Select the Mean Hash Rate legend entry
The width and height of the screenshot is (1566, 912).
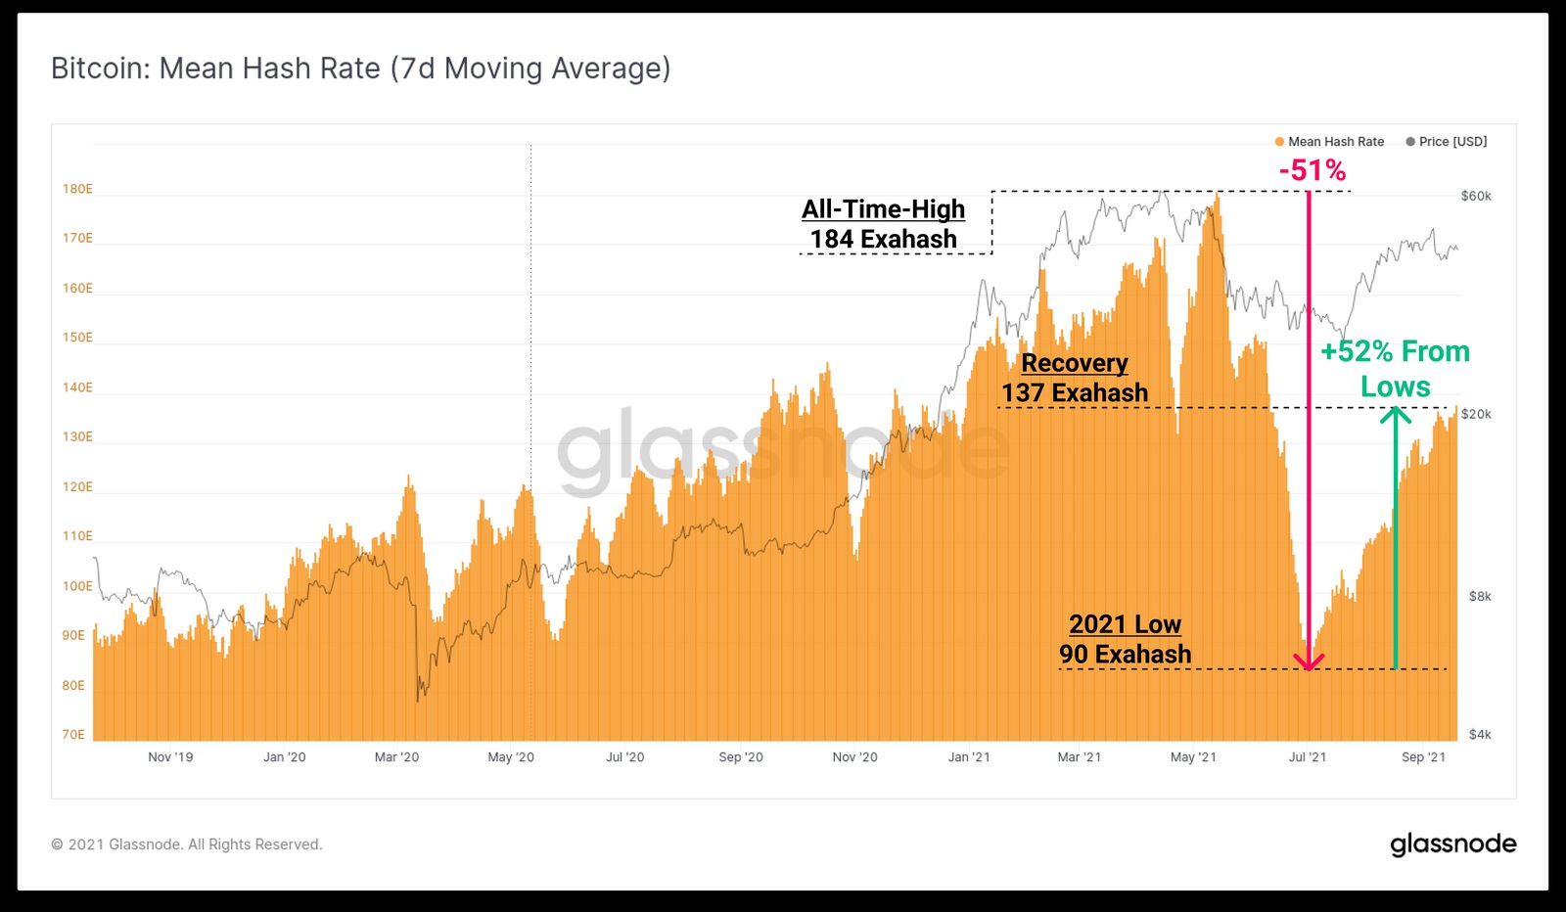coord(1329,142)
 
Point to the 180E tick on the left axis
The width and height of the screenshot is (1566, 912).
coord(77,189)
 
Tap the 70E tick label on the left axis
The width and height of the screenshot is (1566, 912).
coord(73,735)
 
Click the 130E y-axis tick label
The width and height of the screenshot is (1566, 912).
coord(77,436)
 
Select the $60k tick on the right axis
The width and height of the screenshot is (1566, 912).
coord(1476,197)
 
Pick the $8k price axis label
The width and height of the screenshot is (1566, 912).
coord(1480,596)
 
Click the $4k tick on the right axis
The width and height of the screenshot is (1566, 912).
coord(1480,735)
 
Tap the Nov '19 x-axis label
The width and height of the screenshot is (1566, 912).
coord(170,756)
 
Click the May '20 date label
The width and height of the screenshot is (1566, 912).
coord(511,756)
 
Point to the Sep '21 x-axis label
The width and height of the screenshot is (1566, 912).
coord(1423,756)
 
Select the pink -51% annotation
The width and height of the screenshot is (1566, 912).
coord(1313,170)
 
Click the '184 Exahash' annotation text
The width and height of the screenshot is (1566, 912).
coord(883,239)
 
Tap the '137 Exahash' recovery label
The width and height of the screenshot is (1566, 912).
coord(1075,392)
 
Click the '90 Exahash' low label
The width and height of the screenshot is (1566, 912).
coord(1125,654)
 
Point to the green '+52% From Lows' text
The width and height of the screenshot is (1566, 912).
coord(1396,369)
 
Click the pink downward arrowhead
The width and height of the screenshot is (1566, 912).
coord(1309,661)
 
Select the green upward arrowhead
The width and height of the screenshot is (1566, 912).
coord(1396,415)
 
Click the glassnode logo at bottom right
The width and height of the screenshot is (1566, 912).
coord(1452,844)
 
